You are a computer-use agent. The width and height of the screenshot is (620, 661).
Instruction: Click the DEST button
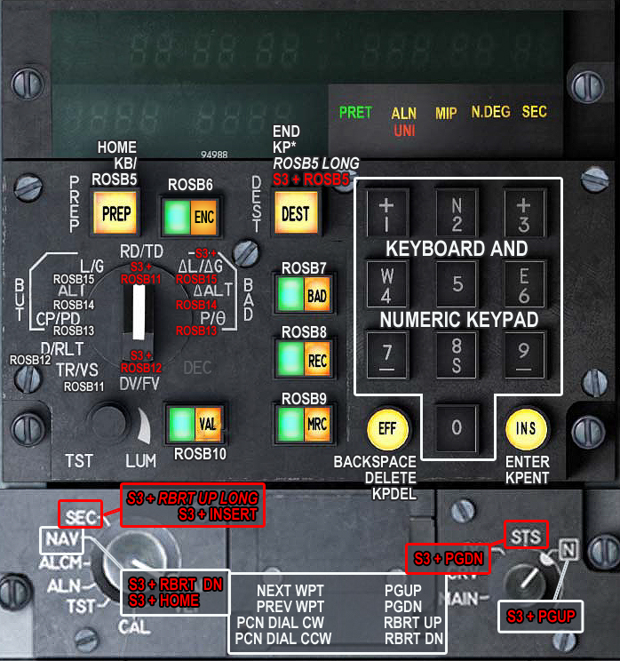pos(295,214)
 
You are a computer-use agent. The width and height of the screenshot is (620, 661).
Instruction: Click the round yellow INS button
pos(526,428)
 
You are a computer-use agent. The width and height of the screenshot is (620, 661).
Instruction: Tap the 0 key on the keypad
pos(456,428)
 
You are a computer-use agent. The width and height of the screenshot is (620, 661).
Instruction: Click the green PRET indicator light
pos(355,113)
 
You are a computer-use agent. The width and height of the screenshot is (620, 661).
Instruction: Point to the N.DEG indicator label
pos(490,113)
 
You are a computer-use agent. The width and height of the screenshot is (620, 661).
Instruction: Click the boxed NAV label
pos(58,538)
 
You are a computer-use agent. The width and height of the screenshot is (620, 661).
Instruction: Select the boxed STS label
pos(525,535)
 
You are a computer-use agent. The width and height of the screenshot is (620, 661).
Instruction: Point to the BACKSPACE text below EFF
pos(375,462)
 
